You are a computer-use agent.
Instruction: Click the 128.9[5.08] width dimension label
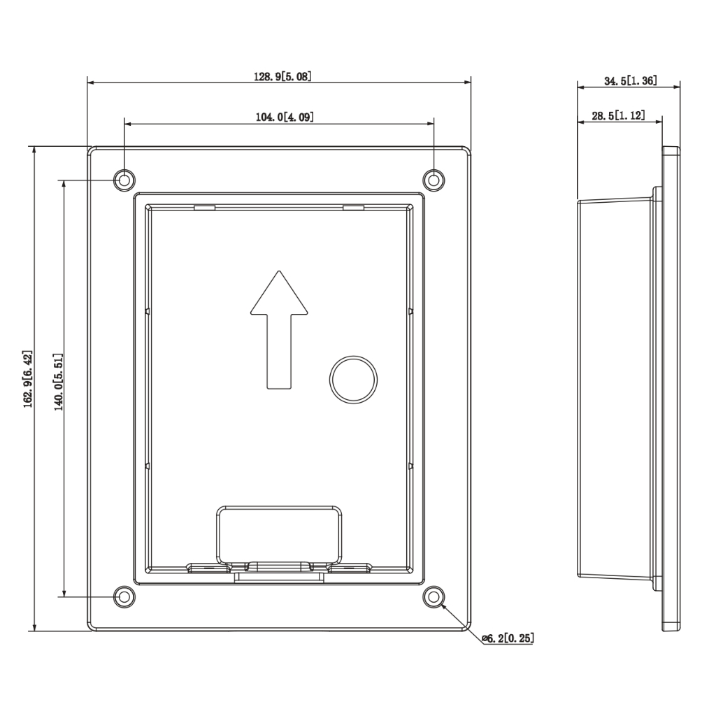point(282,76)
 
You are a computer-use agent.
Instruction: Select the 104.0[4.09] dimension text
point(285,117)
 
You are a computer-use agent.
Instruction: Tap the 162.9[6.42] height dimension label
point(28,379)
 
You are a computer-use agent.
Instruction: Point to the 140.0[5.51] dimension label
point(59,382)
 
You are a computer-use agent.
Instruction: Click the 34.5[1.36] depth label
point(631,81)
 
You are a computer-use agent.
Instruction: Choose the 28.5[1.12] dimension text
point(619,115)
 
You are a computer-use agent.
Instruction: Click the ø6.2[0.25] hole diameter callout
point(508,638)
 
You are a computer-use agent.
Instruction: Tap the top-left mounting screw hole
point(124,180)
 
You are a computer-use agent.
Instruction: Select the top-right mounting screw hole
point(434,180)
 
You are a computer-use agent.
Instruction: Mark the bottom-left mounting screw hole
point(124,596)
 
